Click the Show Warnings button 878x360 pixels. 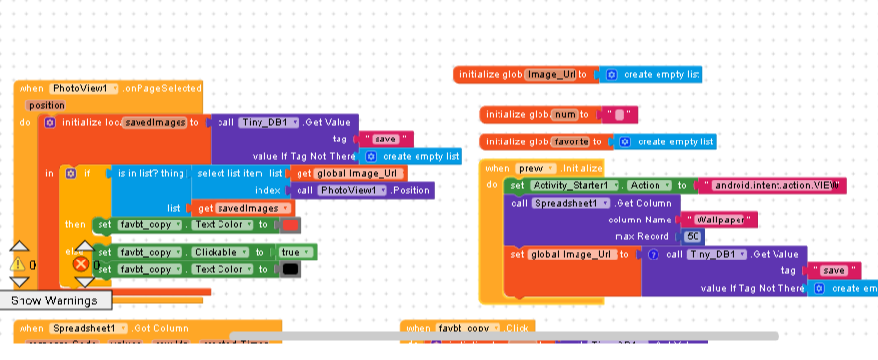point(54,300)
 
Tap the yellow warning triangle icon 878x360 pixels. point(18,264)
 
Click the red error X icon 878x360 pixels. point(81,263)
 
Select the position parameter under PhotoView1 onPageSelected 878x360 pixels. point(47,105)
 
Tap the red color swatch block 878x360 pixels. point(291,225)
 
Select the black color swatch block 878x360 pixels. point(291,269)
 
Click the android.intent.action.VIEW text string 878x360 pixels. point(773,185)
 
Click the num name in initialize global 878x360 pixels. point(565,115)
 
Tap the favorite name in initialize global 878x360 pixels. point(570,141)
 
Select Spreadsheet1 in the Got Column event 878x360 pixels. point(83,328)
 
